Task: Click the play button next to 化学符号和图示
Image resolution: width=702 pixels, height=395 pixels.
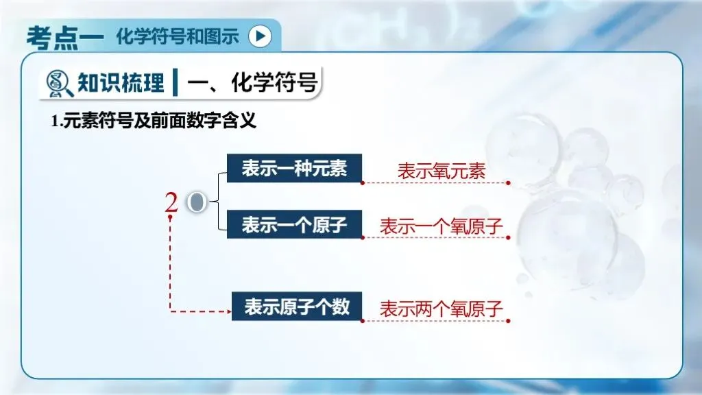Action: point(260,36)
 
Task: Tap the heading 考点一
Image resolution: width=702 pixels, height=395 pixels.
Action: point(64,36)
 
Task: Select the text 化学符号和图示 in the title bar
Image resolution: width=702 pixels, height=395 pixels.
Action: point(178,36)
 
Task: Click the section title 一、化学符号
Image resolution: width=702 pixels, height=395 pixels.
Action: point(252,83)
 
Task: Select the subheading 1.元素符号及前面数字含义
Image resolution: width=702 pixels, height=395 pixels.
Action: point(154,123)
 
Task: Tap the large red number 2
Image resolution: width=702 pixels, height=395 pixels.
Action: point(171,202)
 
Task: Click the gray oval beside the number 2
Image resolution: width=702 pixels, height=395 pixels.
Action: point(197,202)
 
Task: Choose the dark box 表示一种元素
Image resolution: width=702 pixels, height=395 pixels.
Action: point(295,169)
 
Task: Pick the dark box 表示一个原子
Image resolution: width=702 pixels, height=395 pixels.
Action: point(295,225)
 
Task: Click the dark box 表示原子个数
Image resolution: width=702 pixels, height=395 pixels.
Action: point(297,307)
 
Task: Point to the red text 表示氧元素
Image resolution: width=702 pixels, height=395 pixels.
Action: point(441,171)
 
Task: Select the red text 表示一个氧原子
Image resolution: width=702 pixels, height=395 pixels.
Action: point(441,226)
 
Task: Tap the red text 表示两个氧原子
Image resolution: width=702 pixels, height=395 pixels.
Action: point(441,309)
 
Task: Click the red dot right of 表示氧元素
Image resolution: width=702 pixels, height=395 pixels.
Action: point(508,183)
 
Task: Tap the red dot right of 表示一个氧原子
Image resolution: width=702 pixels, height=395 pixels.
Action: point(508,238)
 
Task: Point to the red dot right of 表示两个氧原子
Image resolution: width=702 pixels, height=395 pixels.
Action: point(508,320)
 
